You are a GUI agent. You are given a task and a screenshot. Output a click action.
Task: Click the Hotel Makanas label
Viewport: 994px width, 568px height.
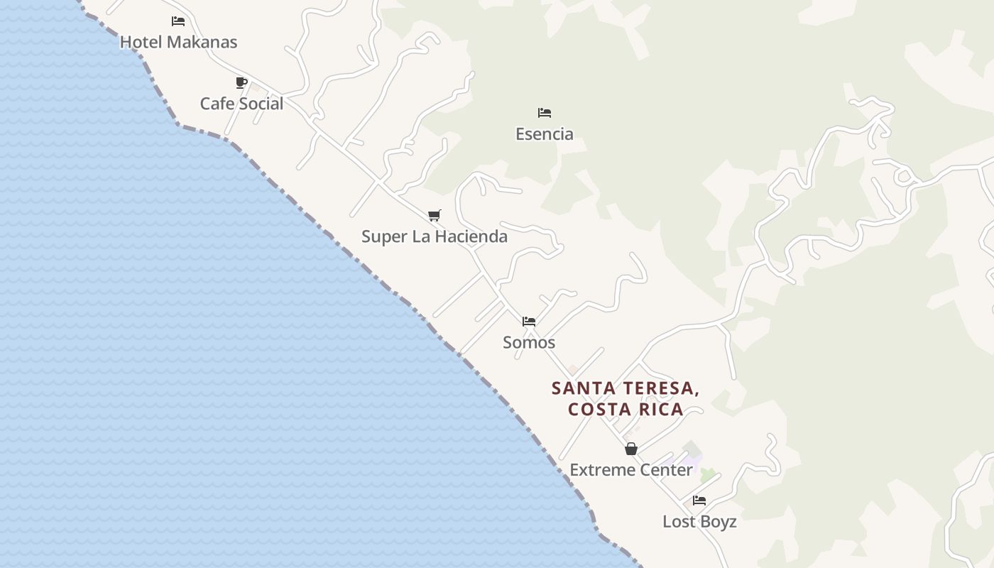click(x=178, y=42)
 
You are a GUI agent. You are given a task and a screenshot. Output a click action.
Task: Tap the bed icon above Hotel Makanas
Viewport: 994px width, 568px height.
click(x=178, y=21)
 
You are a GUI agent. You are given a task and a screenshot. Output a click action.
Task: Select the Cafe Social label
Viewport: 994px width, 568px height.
click(x=241, y=104)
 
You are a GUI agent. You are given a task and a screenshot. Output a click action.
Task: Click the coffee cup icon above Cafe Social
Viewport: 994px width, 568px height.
click(x=241, y=82)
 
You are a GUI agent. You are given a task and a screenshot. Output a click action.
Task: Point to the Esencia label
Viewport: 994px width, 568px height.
click(x=545, y=133)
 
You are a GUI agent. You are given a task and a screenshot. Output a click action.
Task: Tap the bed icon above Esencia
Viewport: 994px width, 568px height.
click(x=545, y=112)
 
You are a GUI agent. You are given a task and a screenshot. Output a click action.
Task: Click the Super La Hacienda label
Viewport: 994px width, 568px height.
click(x=435, y=236)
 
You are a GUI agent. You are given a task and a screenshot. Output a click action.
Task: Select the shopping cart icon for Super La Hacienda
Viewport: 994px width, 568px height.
click(x=435, y=215)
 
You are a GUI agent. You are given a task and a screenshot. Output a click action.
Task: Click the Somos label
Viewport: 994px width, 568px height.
click(x=529, y=342)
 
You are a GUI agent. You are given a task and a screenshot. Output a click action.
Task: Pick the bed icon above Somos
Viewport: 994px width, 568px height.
click(x=529, y=321)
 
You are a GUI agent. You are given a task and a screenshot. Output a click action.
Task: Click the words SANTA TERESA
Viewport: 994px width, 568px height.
click(x=625, y=388)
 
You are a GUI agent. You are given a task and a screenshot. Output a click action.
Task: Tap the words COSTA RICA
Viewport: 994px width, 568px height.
click(x=626, y=409)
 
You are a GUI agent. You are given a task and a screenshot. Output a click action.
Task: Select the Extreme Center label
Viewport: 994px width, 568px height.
click(x=631, y=470)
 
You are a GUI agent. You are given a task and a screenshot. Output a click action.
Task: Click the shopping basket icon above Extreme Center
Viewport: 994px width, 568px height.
click(x=630, y=449)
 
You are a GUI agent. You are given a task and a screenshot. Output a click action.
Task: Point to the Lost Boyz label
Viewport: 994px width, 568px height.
click(x=699, y=522)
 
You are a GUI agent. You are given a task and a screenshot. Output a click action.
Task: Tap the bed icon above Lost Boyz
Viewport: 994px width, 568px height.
click(x=699, y=501)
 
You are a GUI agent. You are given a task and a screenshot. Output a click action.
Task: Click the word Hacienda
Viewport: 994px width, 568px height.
click(x=472, y=236)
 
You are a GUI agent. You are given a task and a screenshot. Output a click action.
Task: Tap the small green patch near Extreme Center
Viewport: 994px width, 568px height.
click(x=706, y=474)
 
